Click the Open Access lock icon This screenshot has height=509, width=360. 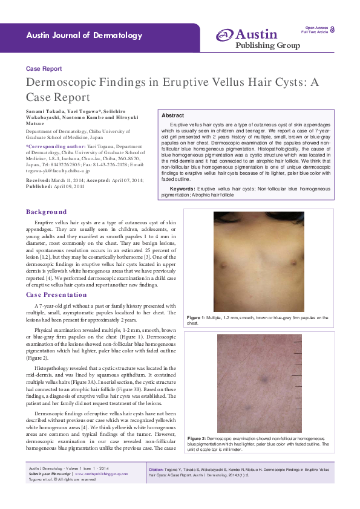pyautogui.click(x=333, y=30)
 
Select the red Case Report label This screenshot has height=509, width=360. pyautogui.click(x=44, y=69)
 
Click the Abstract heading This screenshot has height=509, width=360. pyautogui.click(x=173, y=115)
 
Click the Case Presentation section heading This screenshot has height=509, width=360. pyautogui.click(x=56, y=294)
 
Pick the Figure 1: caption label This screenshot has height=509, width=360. pyautogui.click(x=196, y=317)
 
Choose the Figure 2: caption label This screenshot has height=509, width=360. pyautogui.click(x=196, y=437)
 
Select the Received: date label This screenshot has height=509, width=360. pyautogui.click(x=38, y=164)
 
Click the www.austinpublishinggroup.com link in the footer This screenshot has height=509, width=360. pyautogui.click(x=106, y=474)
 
